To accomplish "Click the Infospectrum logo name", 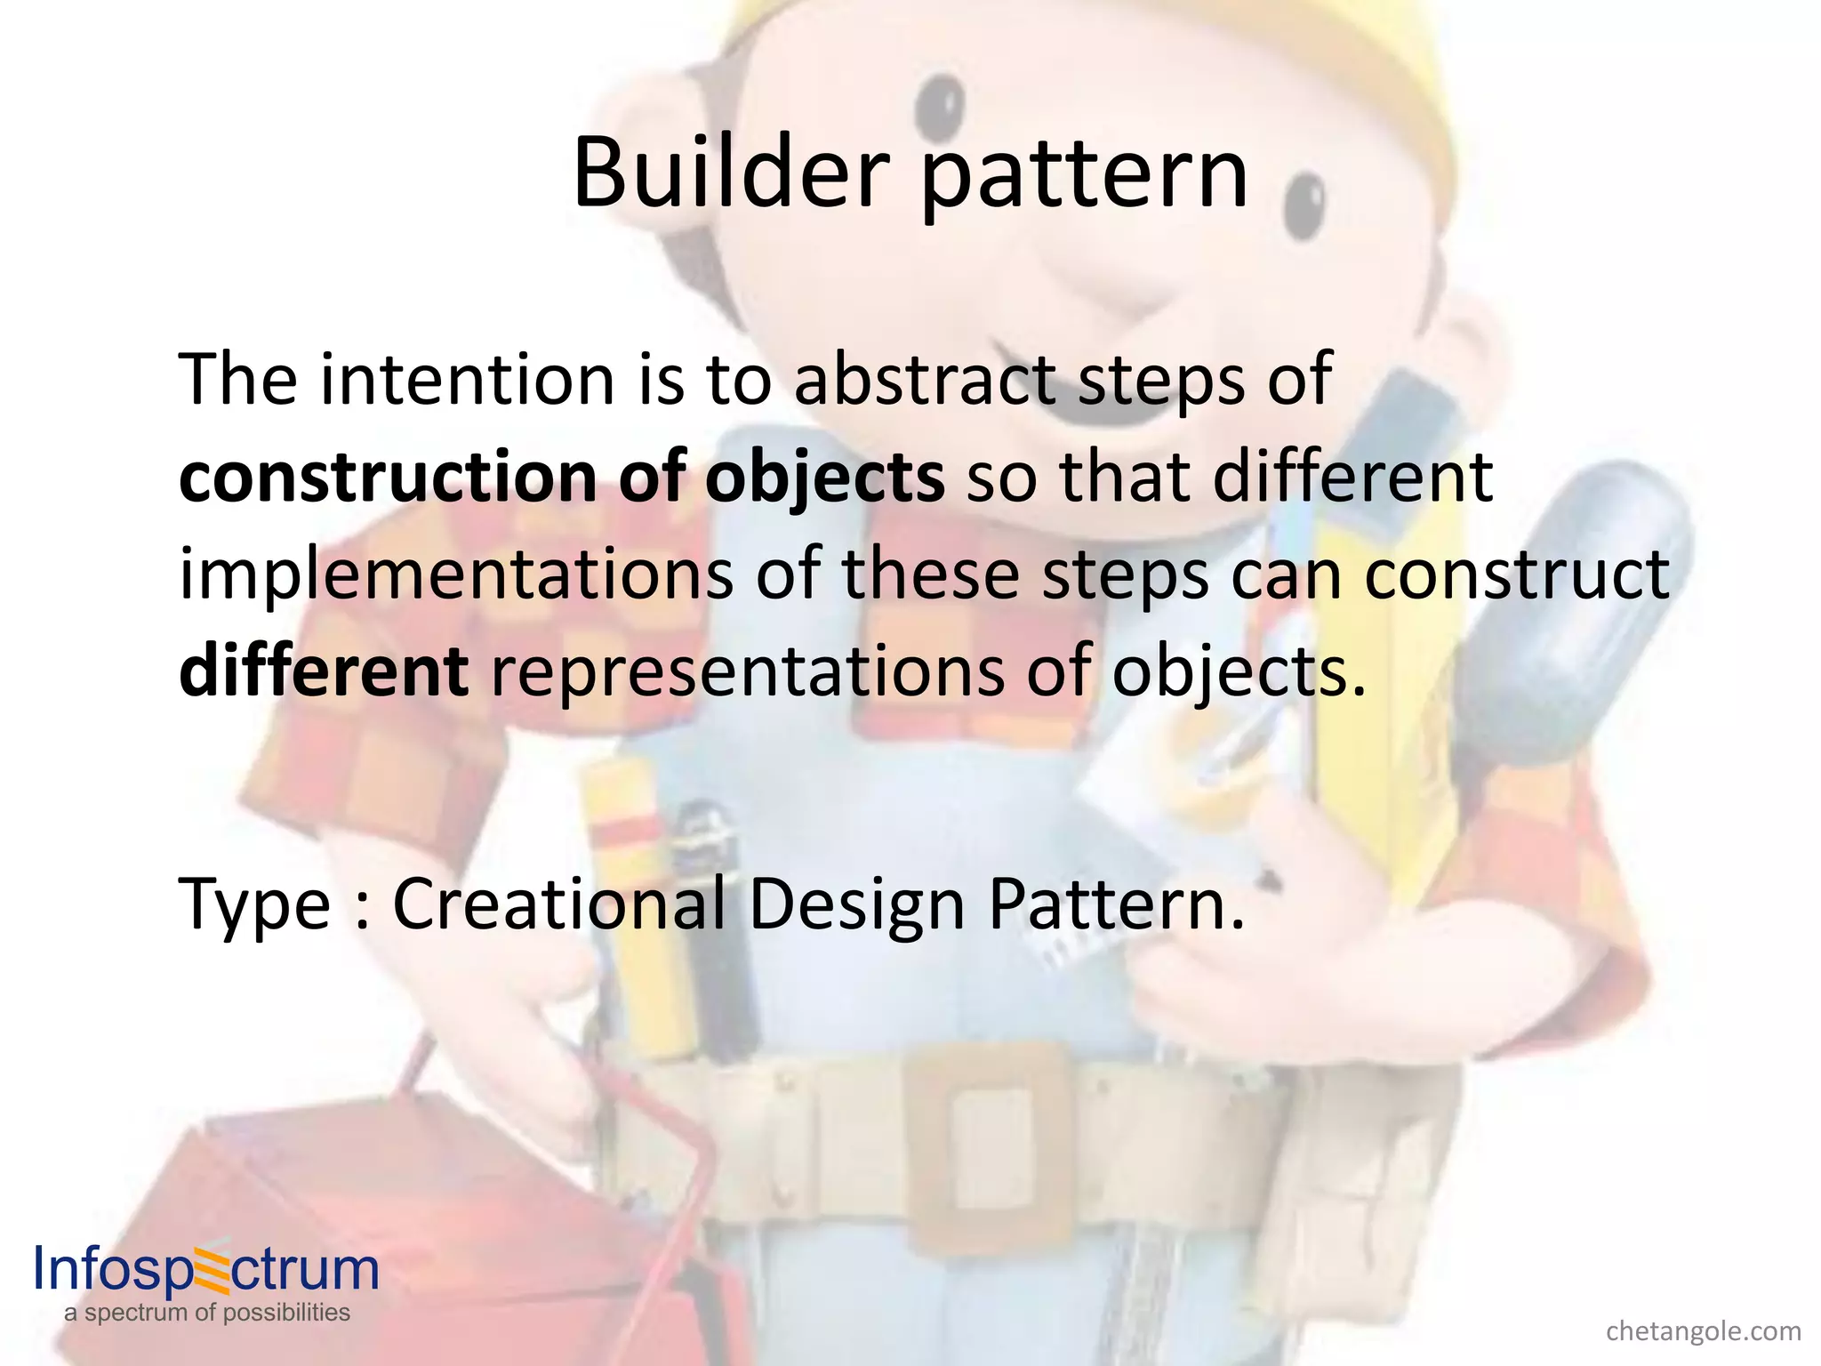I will (206, 1269).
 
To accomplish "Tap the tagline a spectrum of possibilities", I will (206, 1313).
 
